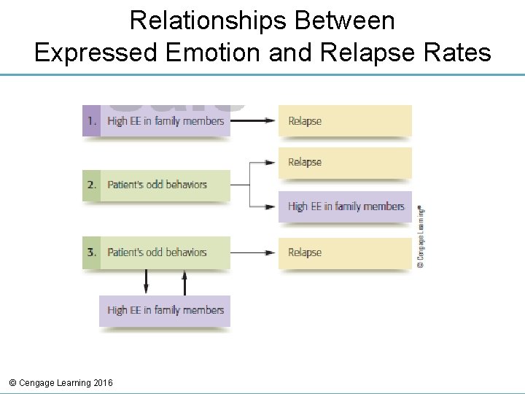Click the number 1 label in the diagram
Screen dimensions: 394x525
coord(92,121)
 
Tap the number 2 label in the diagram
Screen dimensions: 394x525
coord(92,185)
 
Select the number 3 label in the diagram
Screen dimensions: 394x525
coord(92,252)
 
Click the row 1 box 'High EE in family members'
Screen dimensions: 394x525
coord(166,121)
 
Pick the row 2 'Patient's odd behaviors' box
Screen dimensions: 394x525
coord(166,185)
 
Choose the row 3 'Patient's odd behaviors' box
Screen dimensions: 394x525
coord(166,252)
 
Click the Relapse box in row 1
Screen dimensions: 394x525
coord(345,121)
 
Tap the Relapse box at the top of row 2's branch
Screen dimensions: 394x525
coord(345,162)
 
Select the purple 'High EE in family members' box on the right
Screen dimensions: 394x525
coord(345,206)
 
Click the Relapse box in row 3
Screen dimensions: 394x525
coord(345,252)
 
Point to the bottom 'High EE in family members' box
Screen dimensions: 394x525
coord(165,310)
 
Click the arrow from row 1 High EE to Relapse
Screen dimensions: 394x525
coord(254,121)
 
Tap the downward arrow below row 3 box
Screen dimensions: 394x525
coord(146,282)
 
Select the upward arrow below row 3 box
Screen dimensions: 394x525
coord(184,282)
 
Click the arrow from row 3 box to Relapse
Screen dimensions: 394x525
coord(254,252)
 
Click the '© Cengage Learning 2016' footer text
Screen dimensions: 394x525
coord(61,382)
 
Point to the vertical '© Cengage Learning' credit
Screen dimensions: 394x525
coord(421,237)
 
